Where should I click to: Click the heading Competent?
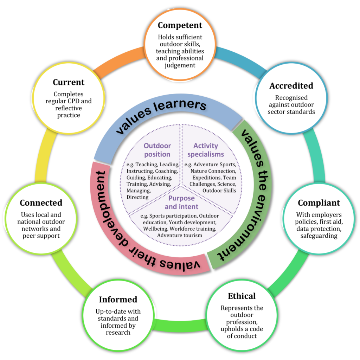[x=180, y=25]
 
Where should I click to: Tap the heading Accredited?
[x=291, y=86]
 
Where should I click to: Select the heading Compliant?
[x=319, y=203]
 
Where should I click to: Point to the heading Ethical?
[x=242, y=296]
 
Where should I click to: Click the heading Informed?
[x=118, y=300]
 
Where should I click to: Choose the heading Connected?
[x=41, y=203]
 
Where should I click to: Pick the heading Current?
[x=69, y=82]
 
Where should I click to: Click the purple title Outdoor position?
[x=157, y=150]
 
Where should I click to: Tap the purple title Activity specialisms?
[x=205, y=150]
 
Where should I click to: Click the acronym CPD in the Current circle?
[x=75, y=101]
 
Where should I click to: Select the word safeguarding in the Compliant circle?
[x=319, y=236]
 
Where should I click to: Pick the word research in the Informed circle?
[x=118, y=332]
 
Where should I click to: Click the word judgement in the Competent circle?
[x=180, y=65]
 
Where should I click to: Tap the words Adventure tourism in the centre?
[x=180, y=235]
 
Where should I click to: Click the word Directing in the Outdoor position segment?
[x=137, y=197]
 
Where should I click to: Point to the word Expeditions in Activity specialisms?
[x=206, y=177]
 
